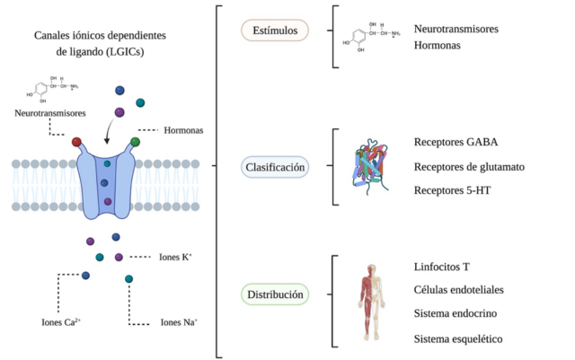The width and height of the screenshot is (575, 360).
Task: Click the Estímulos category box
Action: [x=275, y=31]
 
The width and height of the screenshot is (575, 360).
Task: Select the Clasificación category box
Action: [x=276, y=166]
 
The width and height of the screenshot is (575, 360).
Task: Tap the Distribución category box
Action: [x=276, y=294]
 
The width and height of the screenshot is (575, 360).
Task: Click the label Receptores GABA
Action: [x=456, y=143]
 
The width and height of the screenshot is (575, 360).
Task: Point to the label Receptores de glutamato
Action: [x=469, y=167]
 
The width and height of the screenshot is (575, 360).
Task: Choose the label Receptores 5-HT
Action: [x=452, y=190]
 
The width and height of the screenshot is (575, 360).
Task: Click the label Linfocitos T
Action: [x=443, y=268]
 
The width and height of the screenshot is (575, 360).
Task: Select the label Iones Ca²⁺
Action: [x=58, y=321]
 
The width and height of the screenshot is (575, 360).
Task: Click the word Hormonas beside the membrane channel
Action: [x=183, y=131]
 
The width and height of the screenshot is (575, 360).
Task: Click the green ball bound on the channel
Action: [x=135, y=141]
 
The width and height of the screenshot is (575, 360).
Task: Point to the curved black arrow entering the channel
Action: [x=109, y=135]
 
